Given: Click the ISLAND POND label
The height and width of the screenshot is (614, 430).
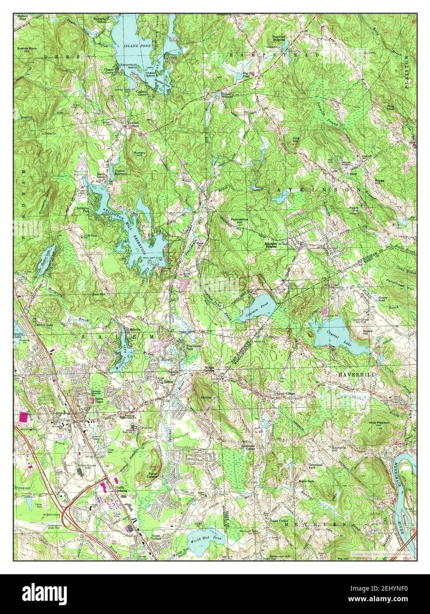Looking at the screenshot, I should (138, 46).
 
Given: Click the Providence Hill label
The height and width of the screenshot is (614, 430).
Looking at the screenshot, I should (238, 221).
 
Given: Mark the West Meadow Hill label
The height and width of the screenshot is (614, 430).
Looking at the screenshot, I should (379, 424).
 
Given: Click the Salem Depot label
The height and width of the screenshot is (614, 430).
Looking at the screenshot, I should (102, 400).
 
